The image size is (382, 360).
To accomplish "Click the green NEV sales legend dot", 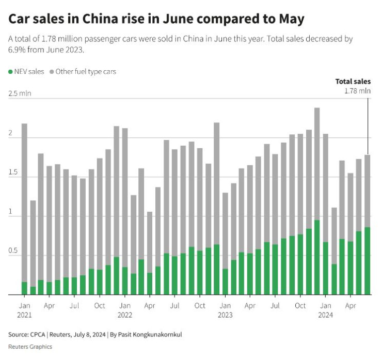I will (x=11, y=72).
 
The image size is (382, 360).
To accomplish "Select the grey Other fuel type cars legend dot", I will (x=52, y=72).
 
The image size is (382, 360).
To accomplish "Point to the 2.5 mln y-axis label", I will (x=20, y=93).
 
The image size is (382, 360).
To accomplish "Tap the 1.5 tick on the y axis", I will (x=13, y=172).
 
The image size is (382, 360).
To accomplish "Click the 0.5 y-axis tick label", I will (x=13, y=251).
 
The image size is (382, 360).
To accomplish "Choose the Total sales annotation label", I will (x=353, y=81).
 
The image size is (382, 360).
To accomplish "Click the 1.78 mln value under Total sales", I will (x=357, y=90).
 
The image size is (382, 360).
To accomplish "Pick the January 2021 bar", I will (x=24, y=207).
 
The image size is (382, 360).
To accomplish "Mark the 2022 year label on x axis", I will (x=125, y=314).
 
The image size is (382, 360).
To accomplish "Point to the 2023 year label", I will (x=225, y=314).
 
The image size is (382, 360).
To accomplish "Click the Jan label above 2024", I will (x=325, y=305).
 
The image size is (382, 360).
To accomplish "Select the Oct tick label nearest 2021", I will (x=100, y=305).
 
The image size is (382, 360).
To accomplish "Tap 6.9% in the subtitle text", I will (x=17, y=50).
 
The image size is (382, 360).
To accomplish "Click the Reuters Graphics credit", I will (x=30, y=347).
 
